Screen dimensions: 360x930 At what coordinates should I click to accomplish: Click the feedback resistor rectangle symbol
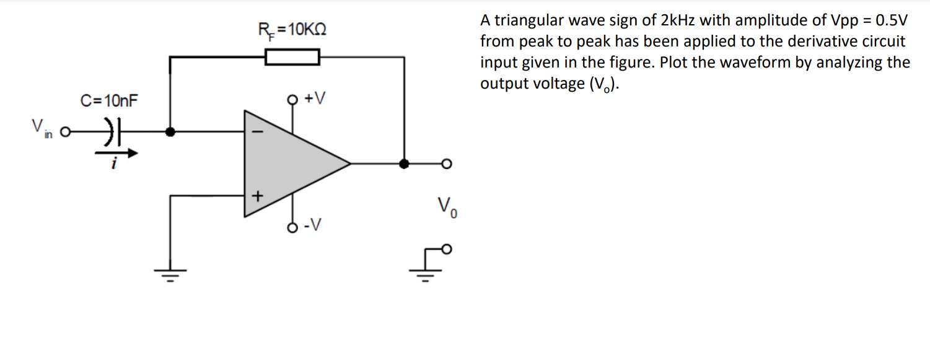click(292, 58)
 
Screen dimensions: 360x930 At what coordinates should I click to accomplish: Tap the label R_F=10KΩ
click(292, 29)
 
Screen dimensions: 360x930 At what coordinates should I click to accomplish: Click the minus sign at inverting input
click(261, 133)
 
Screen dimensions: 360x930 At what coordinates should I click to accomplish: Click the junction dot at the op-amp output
click(405, 164)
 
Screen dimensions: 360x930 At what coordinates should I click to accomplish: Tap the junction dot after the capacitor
click(171, 132)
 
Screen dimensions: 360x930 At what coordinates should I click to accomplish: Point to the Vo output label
click(447, 206)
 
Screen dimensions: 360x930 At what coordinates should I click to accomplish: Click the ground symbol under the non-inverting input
click(170, 273)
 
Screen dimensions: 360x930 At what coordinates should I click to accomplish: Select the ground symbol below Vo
click(425, 272)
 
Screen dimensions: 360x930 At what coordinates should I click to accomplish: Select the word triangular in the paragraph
click(528, 21)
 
